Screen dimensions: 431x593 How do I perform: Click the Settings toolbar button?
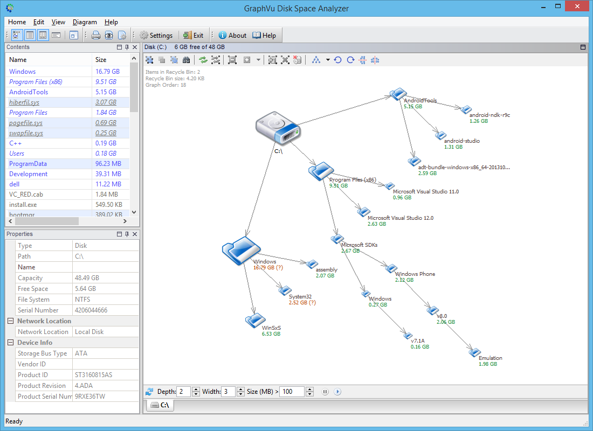tap(156, 36)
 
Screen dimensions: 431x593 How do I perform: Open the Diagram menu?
tap(85, 22)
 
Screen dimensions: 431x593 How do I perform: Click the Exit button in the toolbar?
tap(194, 36)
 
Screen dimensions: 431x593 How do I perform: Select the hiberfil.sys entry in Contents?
tap(24, 102)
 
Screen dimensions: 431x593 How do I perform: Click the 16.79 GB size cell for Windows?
tap(107, 72)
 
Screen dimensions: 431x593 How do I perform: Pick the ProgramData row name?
tap(28, 164)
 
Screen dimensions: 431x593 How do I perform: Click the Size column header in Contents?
tap(101, 60)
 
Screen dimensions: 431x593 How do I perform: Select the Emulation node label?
tap(491, 358)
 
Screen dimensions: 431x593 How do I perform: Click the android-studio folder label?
tap(461, 141)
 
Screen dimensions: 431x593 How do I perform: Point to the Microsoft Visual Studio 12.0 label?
tap(400, 218)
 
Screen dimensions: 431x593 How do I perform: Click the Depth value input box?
tap(183, 392)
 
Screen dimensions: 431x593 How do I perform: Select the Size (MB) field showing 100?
tap(292, 392)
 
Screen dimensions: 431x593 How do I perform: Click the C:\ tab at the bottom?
tap(160, 405)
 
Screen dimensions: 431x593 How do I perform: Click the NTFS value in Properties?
tap(82, 300)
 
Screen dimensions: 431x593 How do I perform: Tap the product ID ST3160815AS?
tap(93, 375)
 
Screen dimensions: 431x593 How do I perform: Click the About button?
tap(232, 36)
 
